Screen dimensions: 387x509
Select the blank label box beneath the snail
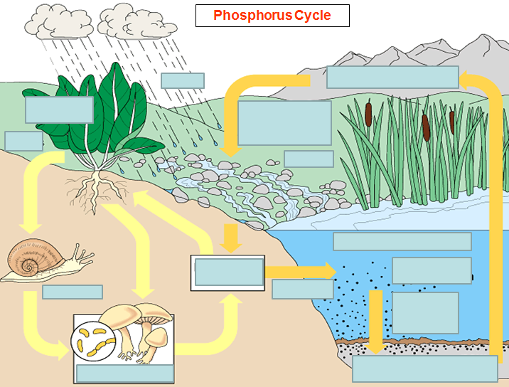tap(73, 292)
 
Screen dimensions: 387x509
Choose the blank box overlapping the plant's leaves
tap(59, 110)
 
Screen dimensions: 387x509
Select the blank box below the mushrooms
tap(125, 373)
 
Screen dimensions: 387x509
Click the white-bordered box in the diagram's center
tap(227, 272)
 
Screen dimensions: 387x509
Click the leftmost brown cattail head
tap(368, 112)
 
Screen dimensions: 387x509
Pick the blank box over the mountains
tap(392, 77)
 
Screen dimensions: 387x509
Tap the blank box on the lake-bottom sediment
tap(425, 369)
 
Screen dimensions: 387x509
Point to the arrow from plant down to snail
tap(31, 192)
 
